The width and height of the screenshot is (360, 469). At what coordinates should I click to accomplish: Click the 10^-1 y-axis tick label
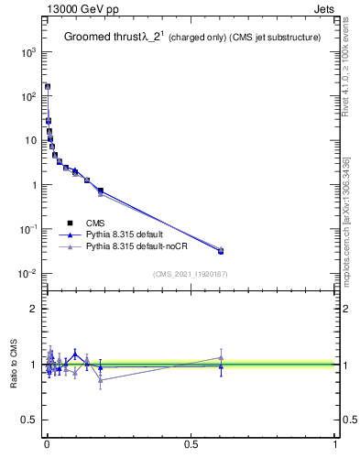point(27,229)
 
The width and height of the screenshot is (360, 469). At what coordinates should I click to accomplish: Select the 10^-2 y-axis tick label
point(27,273)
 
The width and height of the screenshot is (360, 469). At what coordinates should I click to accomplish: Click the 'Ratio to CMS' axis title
point(14,365)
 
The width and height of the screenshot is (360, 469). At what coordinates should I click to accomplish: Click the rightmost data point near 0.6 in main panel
point(221,250)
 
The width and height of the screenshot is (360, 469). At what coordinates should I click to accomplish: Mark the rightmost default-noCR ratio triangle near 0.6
point(221,357)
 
